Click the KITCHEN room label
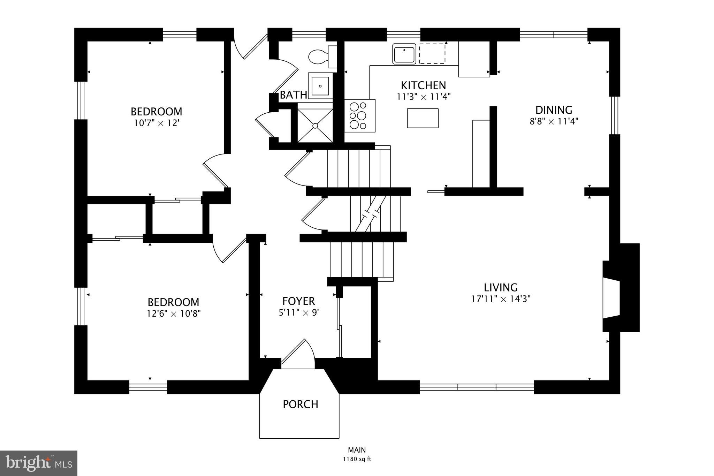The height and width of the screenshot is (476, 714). click(423, 85)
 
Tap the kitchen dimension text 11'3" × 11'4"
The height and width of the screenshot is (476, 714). click(424, 97)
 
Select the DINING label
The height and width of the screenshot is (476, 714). click(554, 110)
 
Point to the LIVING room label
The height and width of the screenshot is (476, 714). click(500, 288)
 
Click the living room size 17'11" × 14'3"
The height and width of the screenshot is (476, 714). click(501, 299)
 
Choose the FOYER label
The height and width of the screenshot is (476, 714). click(298, 301)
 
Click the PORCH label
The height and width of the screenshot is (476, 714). click(300, 405)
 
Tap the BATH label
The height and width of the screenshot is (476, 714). click(293, 95)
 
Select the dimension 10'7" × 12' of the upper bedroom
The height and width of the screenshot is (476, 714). click(157, 123)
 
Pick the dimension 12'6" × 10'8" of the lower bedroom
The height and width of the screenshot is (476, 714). click(174, 313)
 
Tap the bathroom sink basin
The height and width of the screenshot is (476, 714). click(320, 86)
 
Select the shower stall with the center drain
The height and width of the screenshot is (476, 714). click(315, 126)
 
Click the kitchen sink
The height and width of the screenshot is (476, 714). click(404, 54)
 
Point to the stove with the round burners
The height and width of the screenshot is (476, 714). click(359, 116)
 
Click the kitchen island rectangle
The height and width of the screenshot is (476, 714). click(423, 118)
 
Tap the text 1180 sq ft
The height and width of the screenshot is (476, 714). click(357, 459)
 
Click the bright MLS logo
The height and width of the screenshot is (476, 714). click(39, 463)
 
